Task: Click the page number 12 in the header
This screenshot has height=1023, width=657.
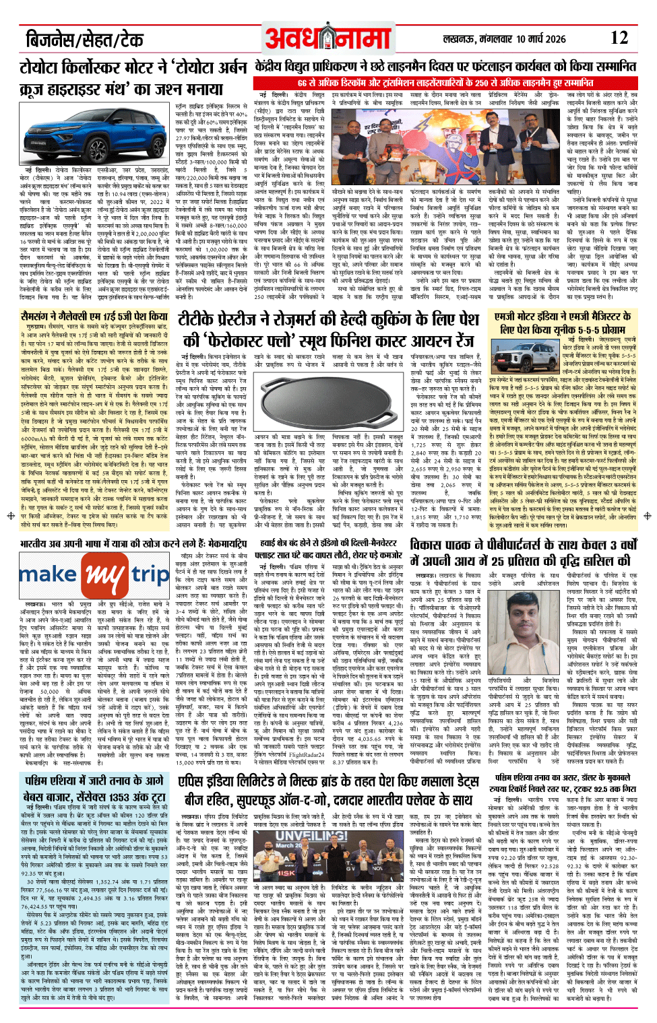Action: click(x=618, y=38)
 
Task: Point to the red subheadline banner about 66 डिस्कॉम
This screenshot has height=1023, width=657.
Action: click(x=445, y=82)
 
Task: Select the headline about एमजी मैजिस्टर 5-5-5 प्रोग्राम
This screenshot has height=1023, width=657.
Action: click(x=562, y=323)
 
